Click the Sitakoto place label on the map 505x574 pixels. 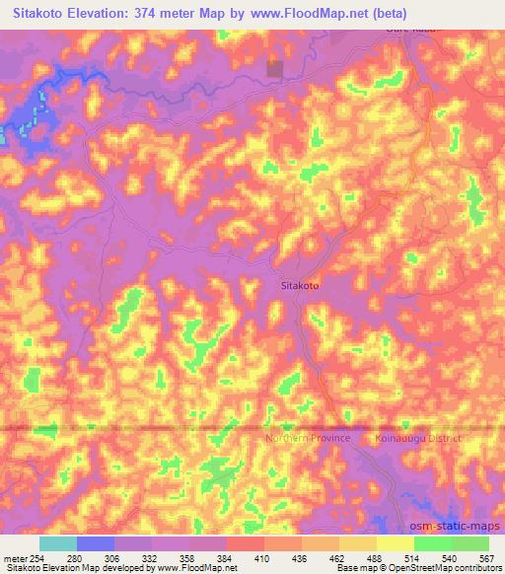click(294, 285)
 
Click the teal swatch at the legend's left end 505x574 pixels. click(58, 543)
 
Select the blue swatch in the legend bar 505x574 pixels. click(96, 543)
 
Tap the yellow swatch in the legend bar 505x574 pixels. click(395, 543)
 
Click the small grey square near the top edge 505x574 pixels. click(274, 69)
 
